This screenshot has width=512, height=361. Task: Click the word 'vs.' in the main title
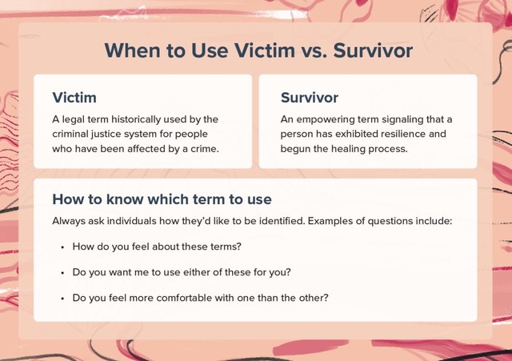tap(314, 50)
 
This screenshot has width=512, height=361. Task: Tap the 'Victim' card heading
tap(74, 98)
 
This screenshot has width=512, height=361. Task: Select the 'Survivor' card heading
tap(310, 98)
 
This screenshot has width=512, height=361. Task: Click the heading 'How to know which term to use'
tap(162, 199)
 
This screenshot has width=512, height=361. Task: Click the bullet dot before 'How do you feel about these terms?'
tap(62, 247)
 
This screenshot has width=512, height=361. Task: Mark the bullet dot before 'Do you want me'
tap(62, 273)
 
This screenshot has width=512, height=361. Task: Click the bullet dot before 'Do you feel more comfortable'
tap(62, 299)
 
